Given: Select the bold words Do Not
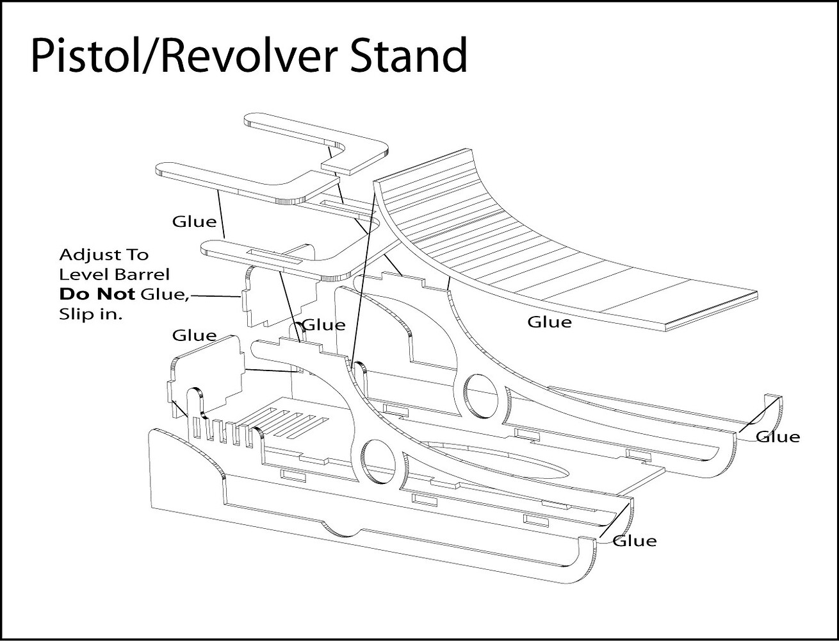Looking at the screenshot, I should click(x=97, y=294).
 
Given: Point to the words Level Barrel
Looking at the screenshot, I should click(x=114, y=274).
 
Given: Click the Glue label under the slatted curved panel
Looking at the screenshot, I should click(x=549, y=322).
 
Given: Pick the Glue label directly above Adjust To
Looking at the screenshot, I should click(x=194, y=221).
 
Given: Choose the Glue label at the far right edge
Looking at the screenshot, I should click(x=778, y=437).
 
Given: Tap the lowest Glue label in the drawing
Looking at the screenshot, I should click(x=634, y=541).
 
